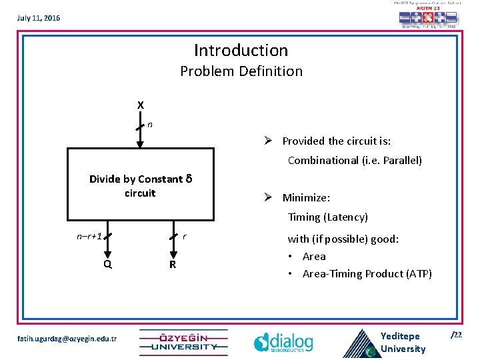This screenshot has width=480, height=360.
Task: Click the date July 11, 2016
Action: click(x=39, y=18)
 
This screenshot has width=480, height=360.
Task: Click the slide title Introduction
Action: click(x=241, y=50)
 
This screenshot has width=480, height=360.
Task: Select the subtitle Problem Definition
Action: click(x=241, y=71)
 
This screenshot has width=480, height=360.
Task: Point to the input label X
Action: click(x=140, y=105)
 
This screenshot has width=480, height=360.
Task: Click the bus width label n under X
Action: click(x=150, y=124)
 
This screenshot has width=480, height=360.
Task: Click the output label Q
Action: click(x=107, y=263)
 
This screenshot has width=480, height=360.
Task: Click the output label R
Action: click(x=172, y=264)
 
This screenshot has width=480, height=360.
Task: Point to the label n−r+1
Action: click(x=88, y=236)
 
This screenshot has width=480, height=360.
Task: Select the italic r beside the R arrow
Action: click(x=185, y=236)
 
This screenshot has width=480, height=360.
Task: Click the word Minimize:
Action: click(x=306, y=197)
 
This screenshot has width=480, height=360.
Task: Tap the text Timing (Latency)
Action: click(x=327, y=217)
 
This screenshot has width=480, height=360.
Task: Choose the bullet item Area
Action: click(x=314, y=256)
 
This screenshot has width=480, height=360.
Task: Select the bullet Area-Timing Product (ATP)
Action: click(x=367, y=273)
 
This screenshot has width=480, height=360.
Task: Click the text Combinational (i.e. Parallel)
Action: click(x=355, y=160)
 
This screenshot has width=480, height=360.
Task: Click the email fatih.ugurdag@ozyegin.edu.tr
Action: click(x=65, y=339)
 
